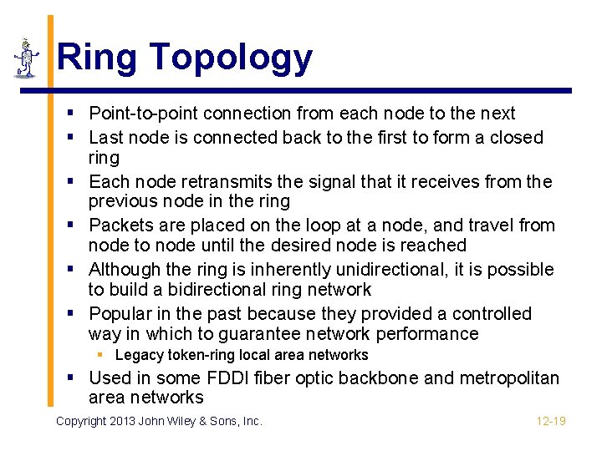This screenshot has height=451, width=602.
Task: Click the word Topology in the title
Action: pos(232,58)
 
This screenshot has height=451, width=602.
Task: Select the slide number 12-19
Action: pos(551,421)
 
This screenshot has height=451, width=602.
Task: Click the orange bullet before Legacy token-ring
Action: pos(101,355)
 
